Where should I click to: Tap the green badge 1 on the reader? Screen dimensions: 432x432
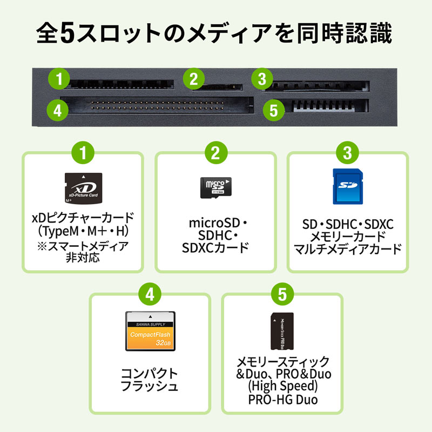click(x=58, y=79)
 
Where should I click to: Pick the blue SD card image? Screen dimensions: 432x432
click(x=347, y=187)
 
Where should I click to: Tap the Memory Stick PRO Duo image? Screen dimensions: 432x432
click(x=282, y=332)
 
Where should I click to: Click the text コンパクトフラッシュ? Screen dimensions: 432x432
click(x=150, y=380)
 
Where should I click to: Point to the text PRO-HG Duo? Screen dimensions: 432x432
click(x=283, y=400)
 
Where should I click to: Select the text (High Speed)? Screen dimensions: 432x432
click(x=283, y=387)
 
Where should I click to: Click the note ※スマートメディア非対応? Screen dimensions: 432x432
click(x=82, y=252)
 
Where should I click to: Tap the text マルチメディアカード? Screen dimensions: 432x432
click(x=347, y=249)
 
